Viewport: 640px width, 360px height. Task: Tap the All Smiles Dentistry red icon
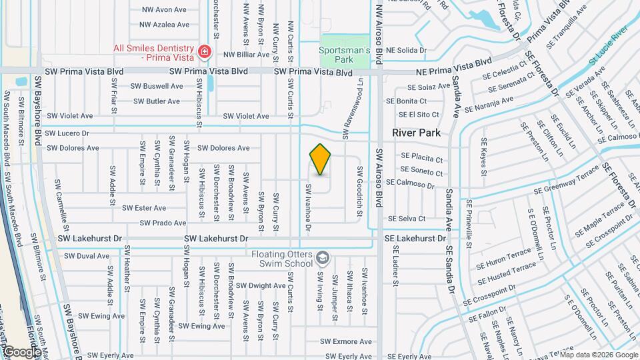(204, 51)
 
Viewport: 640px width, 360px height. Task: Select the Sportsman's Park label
(344, 54)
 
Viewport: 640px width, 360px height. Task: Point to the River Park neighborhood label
(416, 133)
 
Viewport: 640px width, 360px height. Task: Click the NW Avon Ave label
(164, 10)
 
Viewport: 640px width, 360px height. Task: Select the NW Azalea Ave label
(164, 25)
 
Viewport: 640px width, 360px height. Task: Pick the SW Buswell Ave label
(156, 86)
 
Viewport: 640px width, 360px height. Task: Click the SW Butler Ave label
(156, 101)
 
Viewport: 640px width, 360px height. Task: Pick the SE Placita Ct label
(421, 159)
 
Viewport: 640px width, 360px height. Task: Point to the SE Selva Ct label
(407, 219)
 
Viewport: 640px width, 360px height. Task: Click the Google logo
(21, 351)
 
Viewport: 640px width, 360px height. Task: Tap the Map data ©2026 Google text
(598, 355)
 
